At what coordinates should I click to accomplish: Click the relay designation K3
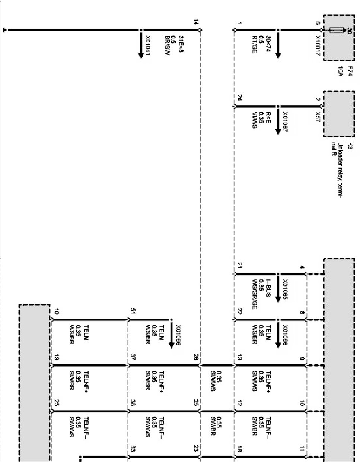(350, 146)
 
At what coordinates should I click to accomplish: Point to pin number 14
(196, 22)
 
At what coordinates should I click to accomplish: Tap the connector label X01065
(285, 289)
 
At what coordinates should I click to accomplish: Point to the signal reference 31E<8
(180, 44)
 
